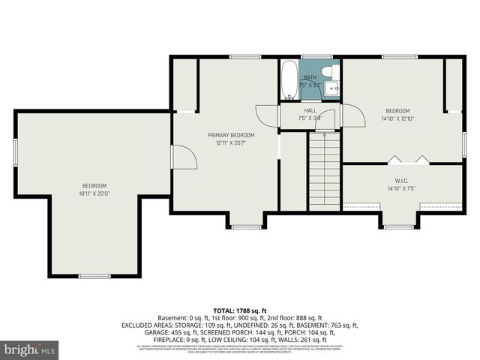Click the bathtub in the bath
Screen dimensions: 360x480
[289, 82]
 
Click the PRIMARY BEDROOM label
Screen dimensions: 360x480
[230, 135]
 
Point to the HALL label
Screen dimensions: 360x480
[310, 110]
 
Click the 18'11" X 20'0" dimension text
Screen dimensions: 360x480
[94, 193]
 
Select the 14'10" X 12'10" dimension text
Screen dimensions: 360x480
[397, 118]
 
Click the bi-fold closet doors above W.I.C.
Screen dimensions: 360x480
[408, 159]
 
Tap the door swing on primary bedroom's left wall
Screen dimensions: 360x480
[184, 157]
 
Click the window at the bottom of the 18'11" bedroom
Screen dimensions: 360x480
[94, 276]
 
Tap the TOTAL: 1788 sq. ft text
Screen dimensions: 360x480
[239, 310]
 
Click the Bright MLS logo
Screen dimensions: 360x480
[30, 349]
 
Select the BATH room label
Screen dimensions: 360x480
[310, 77]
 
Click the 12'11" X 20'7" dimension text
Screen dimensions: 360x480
[230, 142]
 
